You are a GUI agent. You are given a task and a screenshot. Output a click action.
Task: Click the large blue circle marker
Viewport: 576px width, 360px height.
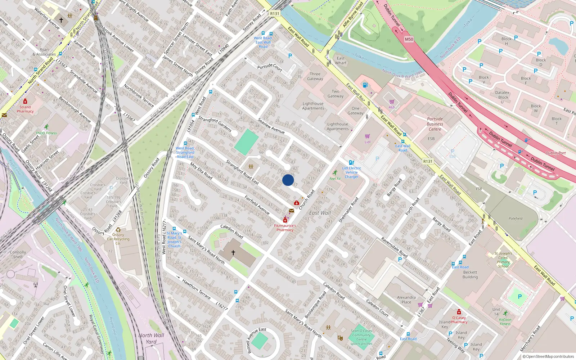pos(288,180)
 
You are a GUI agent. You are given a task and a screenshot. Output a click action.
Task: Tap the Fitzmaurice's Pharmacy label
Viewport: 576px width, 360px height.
pos(285,228)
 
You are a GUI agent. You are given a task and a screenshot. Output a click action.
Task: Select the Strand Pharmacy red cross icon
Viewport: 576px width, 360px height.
pos(25,102)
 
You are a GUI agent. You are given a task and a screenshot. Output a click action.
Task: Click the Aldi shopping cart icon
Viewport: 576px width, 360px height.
pos(392,102)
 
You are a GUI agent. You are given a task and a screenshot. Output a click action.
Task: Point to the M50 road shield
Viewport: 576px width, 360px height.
pos(409,39)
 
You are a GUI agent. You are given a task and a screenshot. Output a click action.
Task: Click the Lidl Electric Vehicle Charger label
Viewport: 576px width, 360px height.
pos(352,172)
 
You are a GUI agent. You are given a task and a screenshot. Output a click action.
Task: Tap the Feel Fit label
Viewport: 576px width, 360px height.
pos(335,179)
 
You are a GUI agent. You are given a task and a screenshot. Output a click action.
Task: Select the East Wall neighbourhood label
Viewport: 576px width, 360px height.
pos(320,213)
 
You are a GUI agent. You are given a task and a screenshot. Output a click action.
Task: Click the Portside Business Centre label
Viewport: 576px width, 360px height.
pos(435,124)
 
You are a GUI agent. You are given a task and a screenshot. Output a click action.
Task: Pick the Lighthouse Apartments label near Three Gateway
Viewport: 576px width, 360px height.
pos(313,106)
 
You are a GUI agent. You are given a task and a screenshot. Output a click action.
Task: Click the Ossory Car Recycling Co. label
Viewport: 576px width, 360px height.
pos(118,239)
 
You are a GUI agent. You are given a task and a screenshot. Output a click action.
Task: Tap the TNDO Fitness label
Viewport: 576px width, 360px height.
pos(46,133)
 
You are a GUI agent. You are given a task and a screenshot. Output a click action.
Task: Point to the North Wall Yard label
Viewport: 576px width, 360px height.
pos(151,338)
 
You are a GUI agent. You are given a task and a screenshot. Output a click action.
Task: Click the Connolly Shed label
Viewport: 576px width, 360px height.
pos(18,255)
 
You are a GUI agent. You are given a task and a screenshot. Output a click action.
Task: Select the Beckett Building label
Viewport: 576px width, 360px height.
pos(470,275)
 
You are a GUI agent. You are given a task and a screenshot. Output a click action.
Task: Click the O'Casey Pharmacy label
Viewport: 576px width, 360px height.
pos(459,320)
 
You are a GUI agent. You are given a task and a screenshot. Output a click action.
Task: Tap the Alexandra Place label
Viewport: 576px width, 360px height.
pos(406,300)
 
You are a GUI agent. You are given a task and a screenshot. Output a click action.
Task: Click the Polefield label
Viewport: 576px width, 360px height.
pos(516,219)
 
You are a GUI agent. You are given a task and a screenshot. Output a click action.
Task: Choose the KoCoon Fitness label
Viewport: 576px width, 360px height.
pos(505,321)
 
